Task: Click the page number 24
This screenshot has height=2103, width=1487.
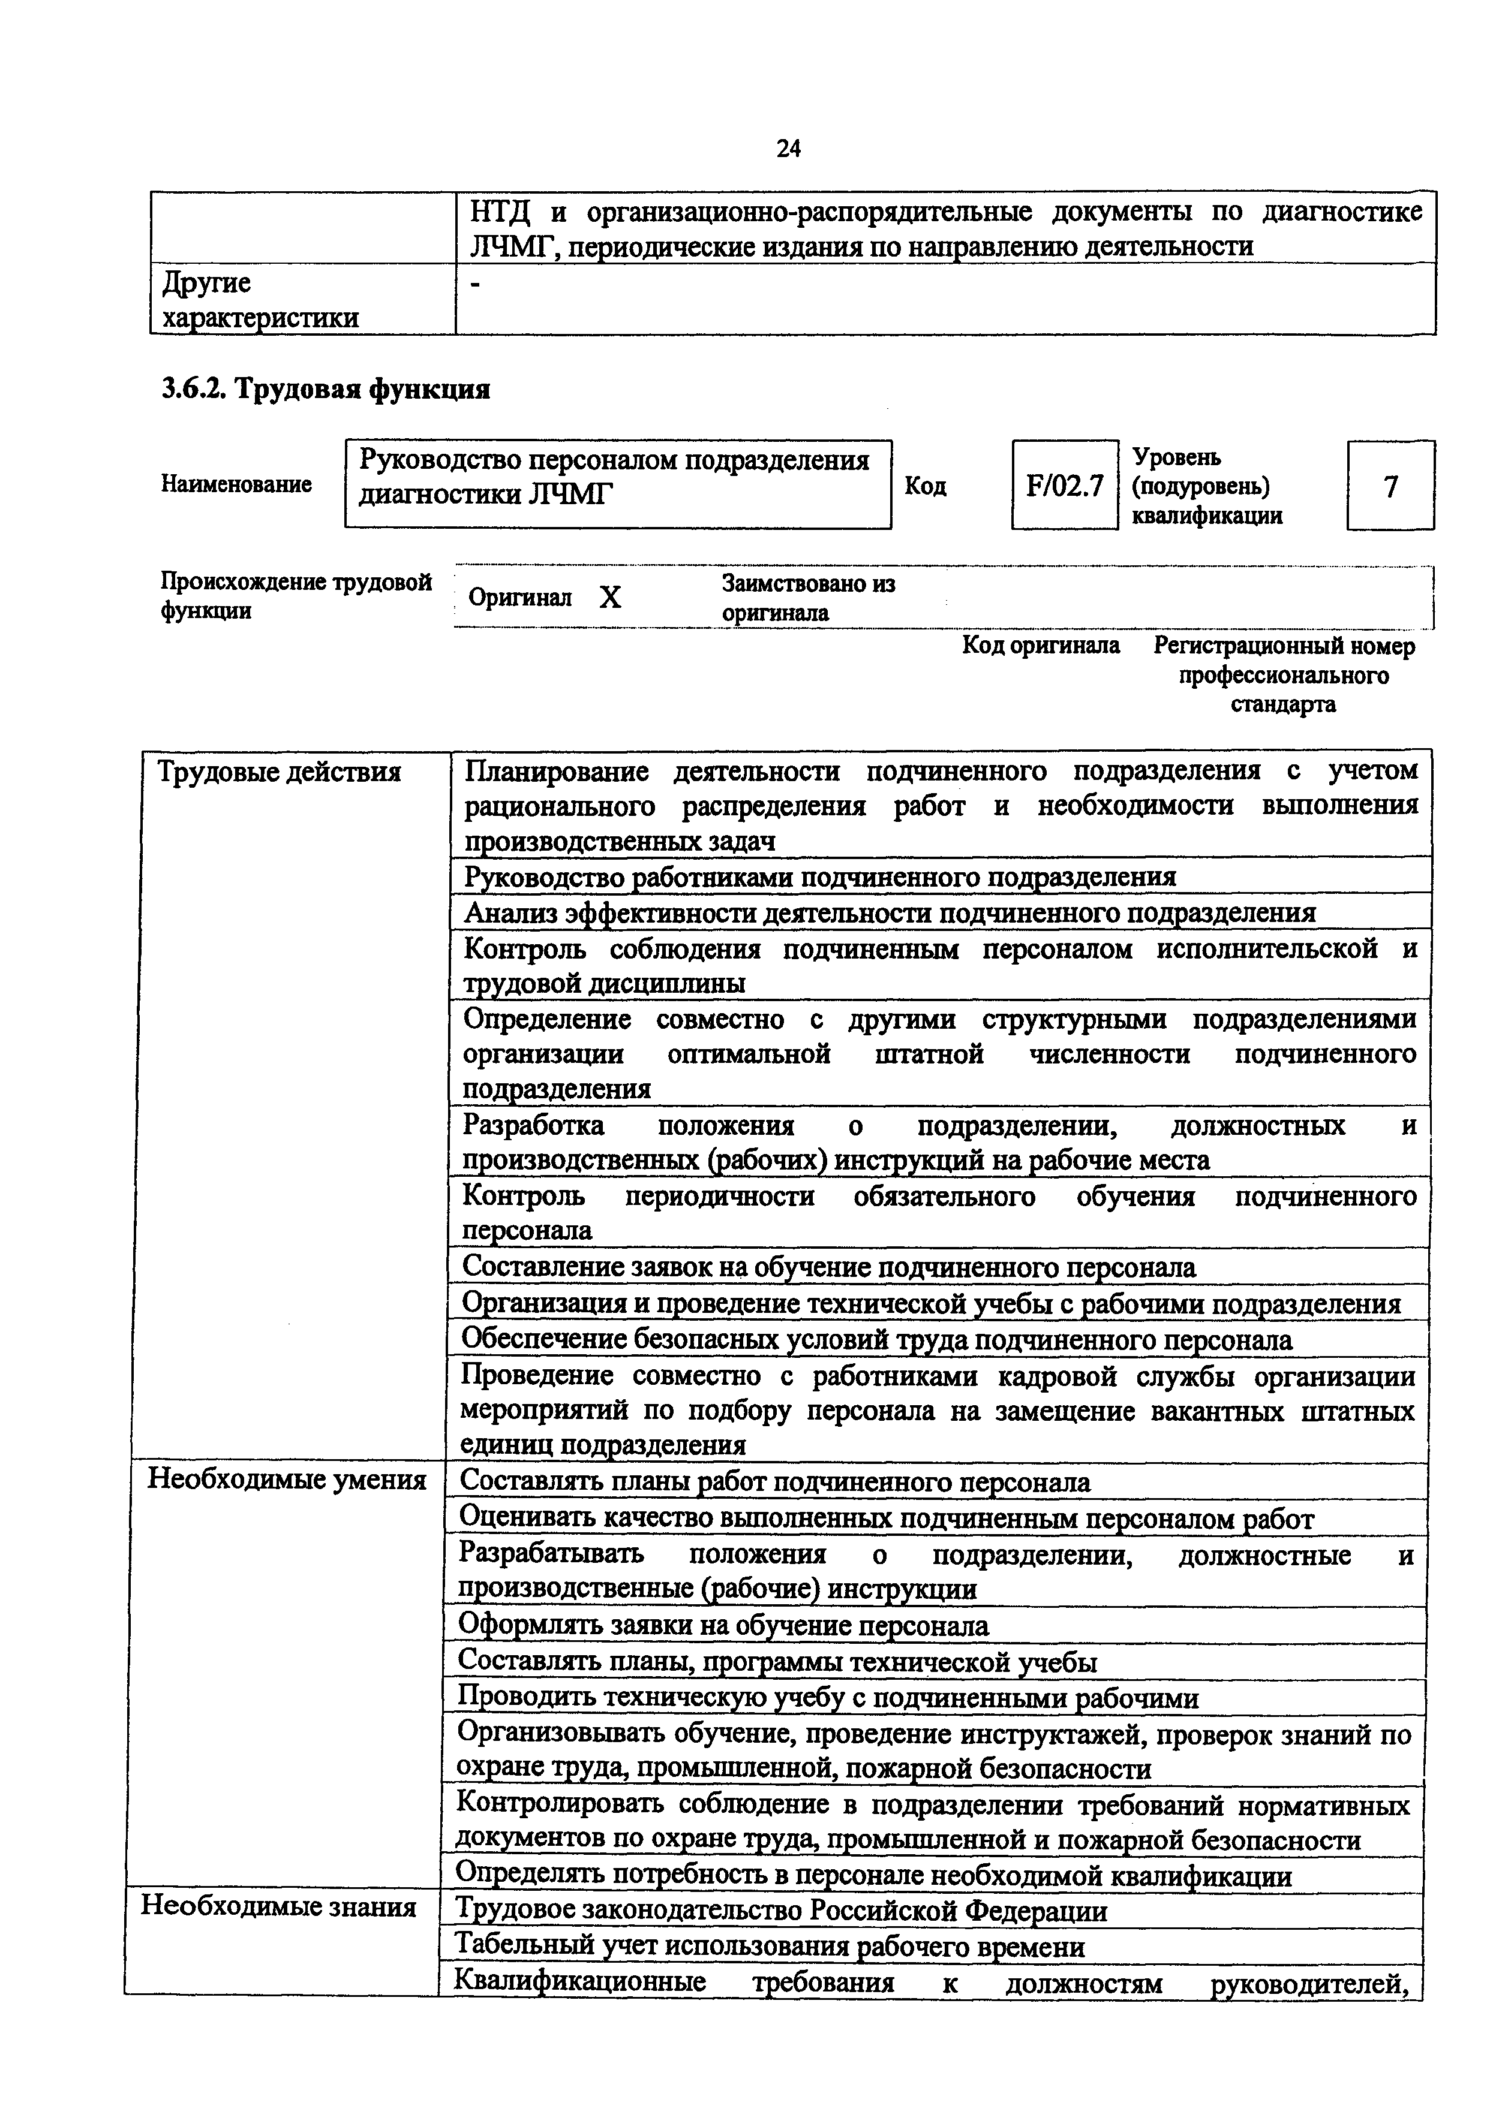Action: pos(788,149)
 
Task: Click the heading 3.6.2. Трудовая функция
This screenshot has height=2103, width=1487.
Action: pos(326,389)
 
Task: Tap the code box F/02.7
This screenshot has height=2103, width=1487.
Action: pos(1065,486)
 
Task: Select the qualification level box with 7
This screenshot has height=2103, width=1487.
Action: pos(1390,486)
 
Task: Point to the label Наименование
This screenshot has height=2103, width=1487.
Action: pos(236,484)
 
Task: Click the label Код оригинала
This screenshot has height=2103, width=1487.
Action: pos(1040,646)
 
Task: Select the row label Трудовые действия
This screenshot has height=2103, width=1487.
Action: pos(280,772)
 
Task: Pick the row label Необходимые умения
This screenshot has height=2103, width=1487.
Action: pos(287,1480)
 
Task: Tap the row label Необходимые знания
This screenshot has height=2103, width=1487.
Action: pos(278,1906)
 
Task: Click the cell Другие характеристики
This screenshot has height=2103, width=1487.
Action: pos(260,300)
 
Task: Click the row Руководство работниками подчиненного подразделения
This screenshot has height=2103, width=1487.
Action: pos(820,876)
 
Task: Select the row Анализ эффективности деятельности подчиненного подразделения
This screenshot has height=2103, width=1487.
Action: pos(890,912)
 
